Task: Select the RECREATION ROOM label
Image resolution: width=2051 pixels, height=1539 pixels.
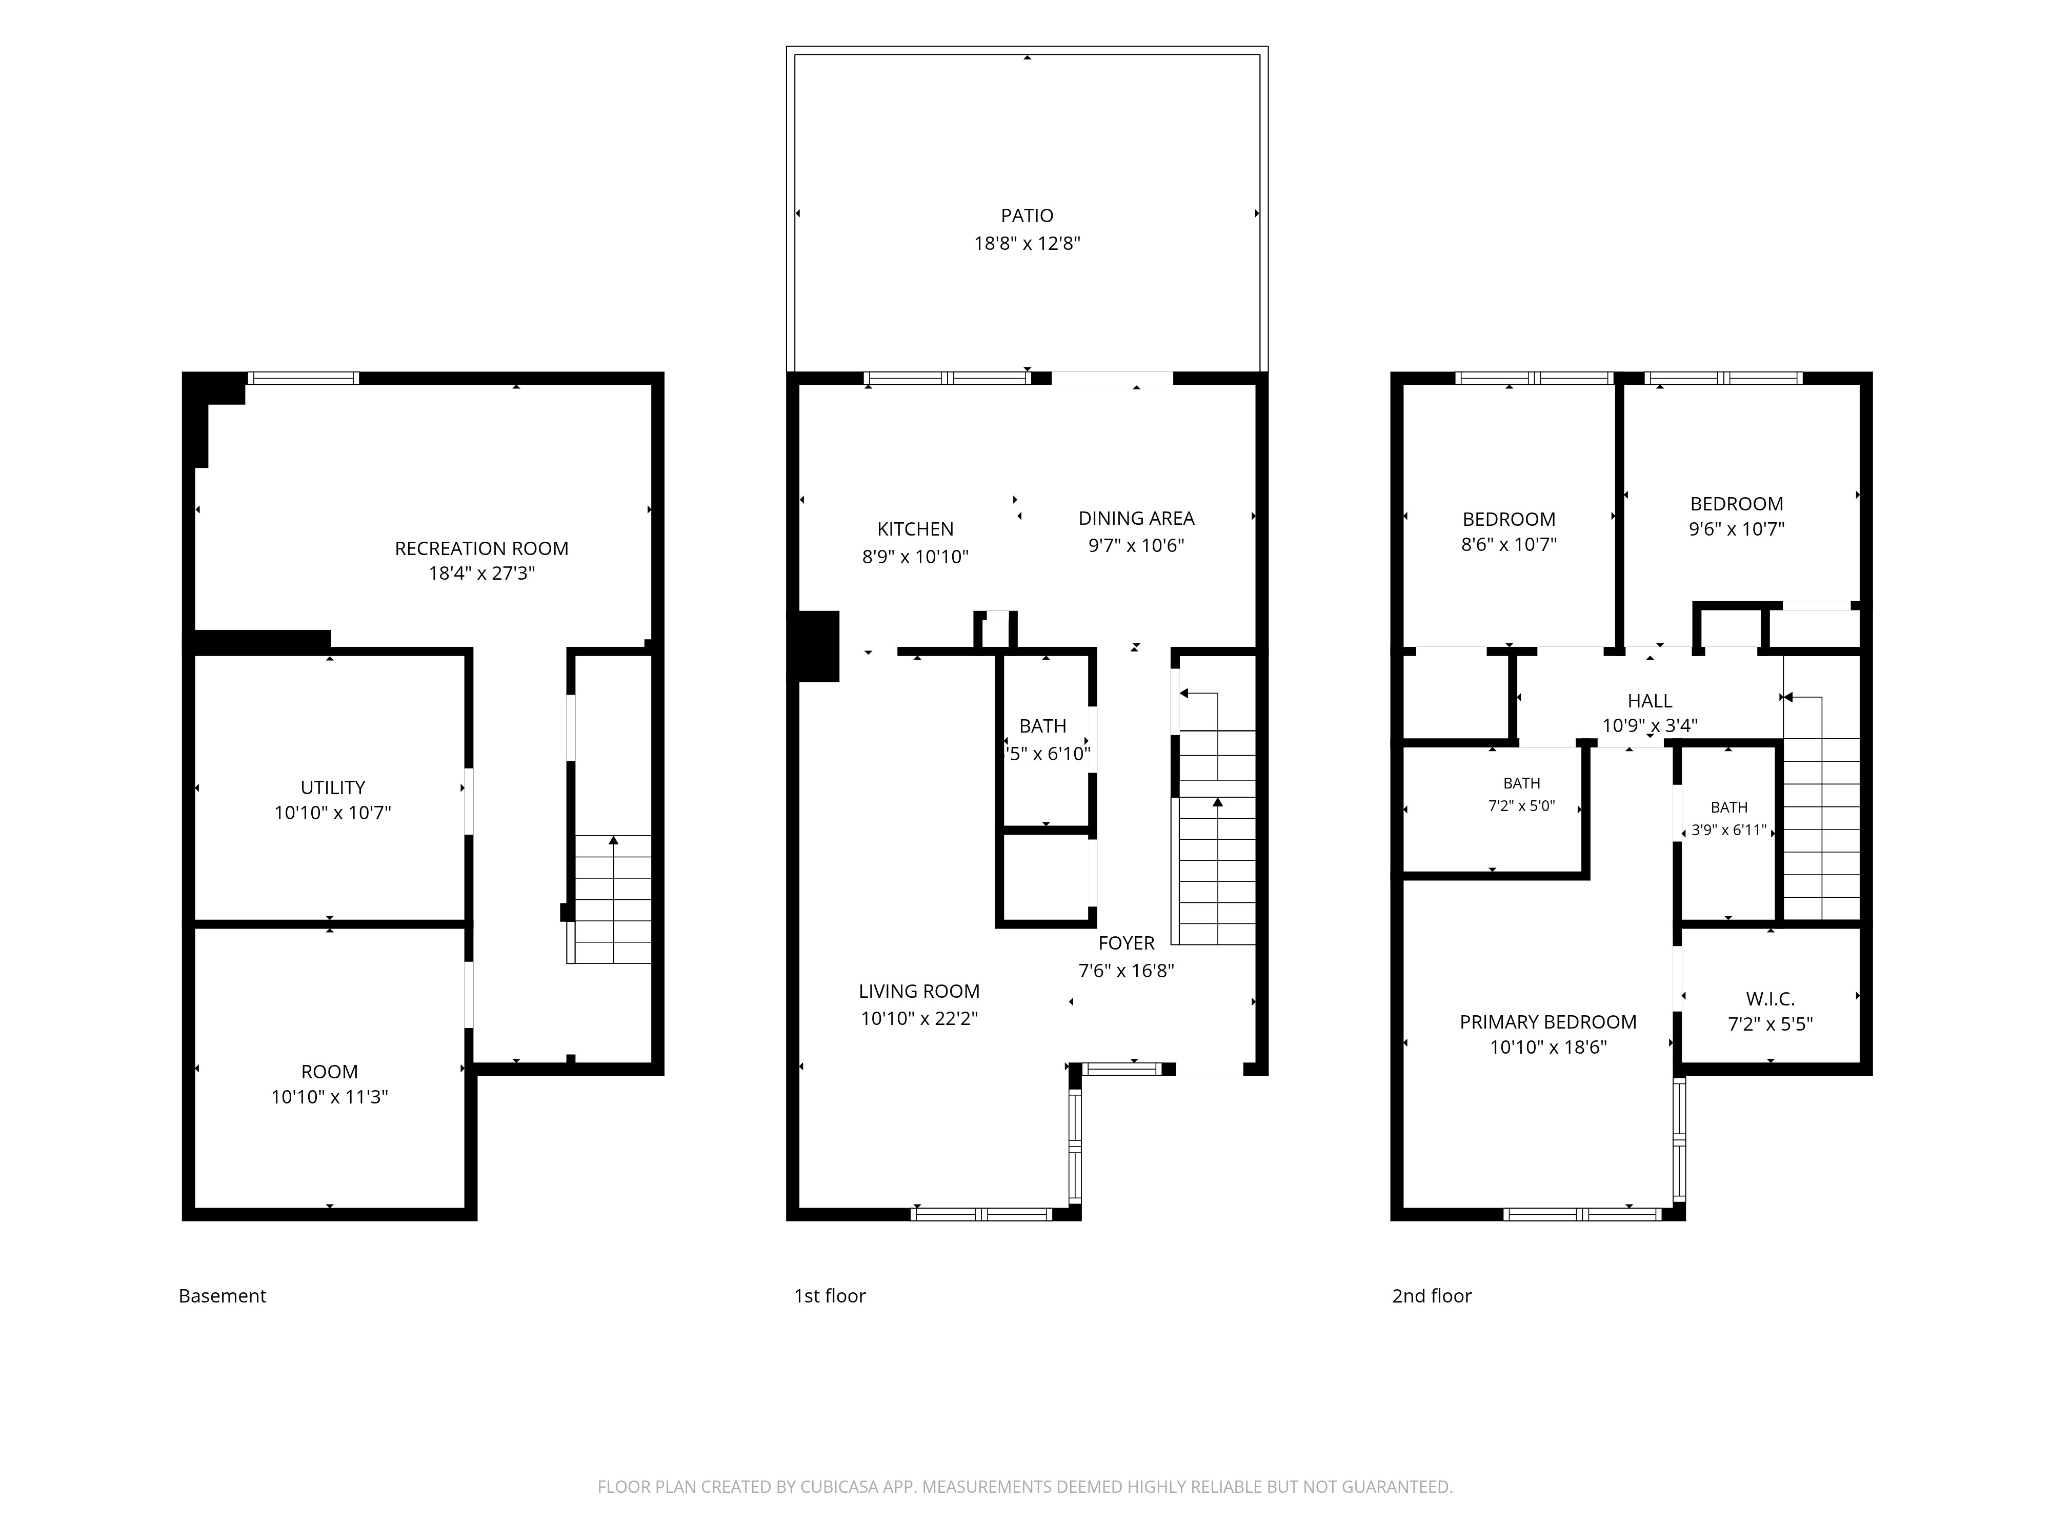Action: (x=481, y=548)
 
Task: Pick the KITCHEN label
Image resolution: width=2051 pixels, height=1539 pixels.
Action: (x=915, y=529)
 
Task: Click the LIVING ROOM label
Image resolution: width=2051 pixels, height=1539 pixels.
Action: (x=919, y=991)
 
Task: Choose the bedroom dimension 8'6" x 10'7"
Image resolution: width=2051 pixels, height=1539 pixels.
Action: (x=1509, y=544)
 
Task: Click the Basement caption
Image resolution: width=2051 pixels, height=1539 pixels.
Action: (x=223, y=1296)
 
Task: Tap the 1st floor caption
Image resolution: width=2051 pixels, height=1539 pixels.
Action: (x=830, y=1296)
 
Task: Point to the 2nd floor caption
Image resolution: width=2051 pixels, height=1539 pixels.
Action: (x=1432, y=1296)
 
